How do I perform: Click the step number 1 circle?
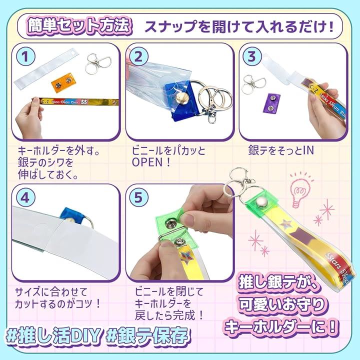(25, 56)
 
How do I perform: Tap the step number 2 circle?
(138, 56)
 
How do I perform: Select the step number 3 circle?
(251, 56)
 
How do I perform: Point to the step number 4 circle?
(25, 197)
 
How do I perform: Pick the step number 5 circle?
(138, 197)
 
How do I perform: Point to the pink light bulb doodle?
(300, 190)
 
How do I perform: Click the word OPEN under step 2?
(147, 162)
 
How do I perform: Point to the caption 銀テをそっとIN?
(281, 150)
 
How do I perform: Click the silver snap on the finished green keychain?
(260, 202)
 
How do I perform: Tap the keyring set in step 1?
(98, 63)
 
